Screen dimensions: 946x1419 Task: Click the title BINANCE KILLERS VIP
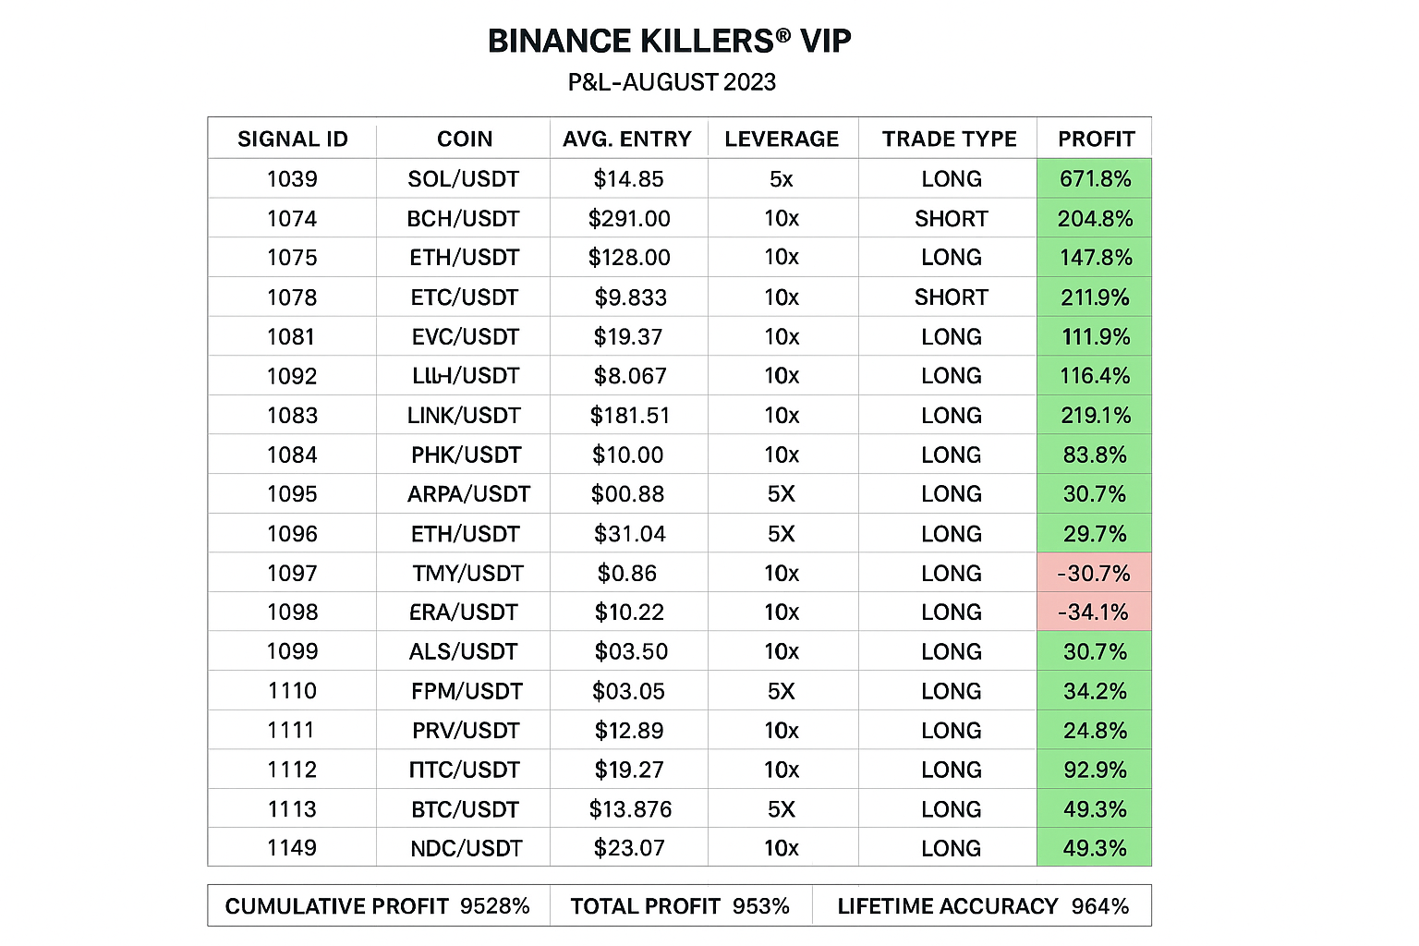(669, 42)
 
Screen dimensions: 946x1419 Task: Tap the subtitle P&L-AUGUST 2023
(672, 82)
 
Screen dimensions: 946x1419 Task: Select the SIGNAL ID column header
(292, 139)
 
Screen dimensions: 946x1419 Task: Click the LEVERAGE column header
(782, 139)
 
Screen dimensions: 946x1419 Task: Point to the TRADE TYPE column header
(949, 139)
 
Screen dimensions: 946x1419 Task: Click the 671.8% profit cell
(1095, 179)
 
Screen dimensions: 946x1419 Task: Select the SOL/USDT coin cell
(463, 179)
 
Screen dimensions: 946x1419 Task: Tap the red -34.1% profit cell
(1094, 612)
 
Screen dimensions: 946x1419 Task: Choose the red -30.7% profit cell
(1094, 574)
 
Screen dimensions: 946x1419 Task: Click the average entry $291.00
(629, 219)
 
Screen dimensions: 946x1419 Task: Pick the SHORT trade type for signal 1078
(951, 297)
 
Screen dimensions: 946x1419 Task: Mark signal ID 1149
(292, 848)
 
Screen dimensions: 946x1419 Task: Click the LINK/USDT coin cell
(464, 416)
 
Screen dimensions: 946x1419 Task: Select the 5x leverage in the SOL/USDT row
(782, 179)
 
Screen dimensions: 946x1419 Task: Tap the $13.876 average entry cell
(630, 809)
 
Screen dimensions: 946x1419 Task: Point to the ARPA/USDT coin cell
(468, 494)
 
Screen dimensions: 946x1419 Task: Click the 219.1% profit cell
(1095, 416)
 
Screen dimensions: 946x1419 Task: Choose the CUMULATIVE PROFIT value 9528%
(495, 906)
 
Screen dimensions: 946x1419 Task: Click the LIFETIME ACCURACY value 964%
(1100, 906)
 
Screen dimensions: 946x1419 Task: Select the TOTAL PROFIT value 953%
(761, 906)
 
